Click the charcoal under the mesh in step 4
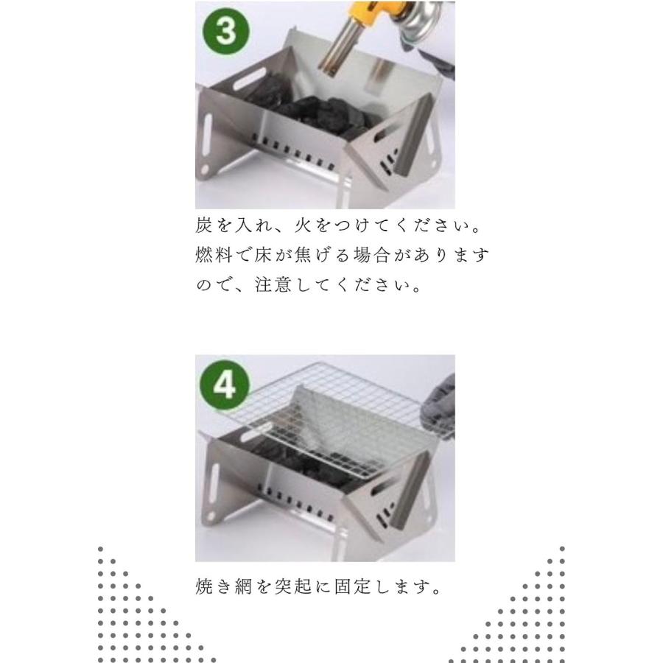(x=309, y=460)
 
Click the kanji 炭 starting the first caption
(x=204, y=225)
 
